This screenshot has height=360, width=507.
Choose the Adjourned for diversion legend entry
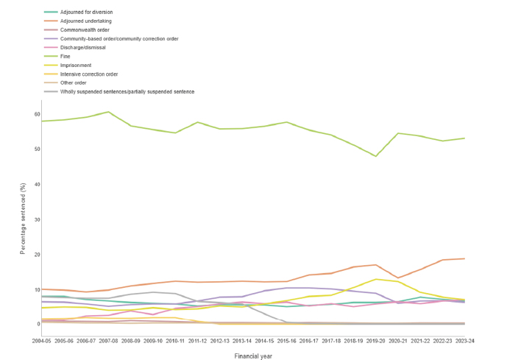click(x=87, y=13)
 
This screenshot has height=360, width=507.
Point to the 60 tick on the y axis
click(x=35, y=114)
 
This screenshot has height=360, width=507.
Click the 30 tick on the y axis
click(x=35, y=219)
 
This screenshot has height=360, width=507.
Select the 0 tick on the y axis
click(x=37, y=324)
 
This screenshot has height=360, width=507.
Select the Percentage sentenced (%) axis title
click(x=24, y=219)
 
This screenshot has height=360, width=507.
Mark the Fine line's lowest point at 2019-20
click(x=376, y=156)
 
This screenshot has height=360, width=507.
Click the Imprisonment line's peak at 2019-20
click(x=376, y=279)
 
